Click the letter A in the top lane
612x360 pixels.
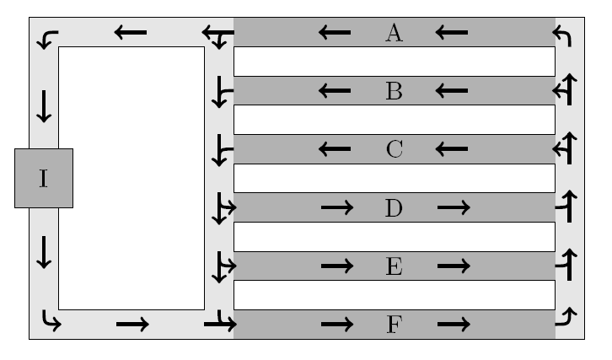394,33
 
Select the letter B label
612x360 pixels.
394,91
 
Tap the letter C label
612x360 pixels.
394,149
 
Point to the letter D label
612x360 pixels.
394,207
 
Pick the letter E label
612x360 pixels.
394,266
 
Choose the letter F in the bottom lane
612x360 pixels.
394,325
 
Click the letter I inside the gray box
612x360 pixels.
44,178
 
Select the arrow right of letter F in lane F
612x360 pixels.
453,325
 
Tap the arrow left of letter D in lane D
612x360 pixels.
336,207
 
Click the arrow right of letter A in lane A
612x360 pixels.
452,33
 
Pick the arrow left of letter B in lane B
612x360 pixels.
335,91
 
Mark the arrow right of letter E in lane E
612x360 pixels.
453,266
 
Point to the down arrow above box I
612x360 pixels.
44,105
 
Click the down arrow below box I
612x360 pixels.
44,251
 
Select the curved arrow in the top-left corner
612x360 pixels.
48,38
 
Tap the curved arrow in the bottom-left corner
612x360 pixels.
51,320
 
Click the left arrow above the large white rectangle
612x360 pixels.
131,33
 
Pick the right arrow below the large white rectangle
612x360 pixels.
132,325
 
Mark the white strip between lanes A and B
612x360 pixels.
394,62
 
